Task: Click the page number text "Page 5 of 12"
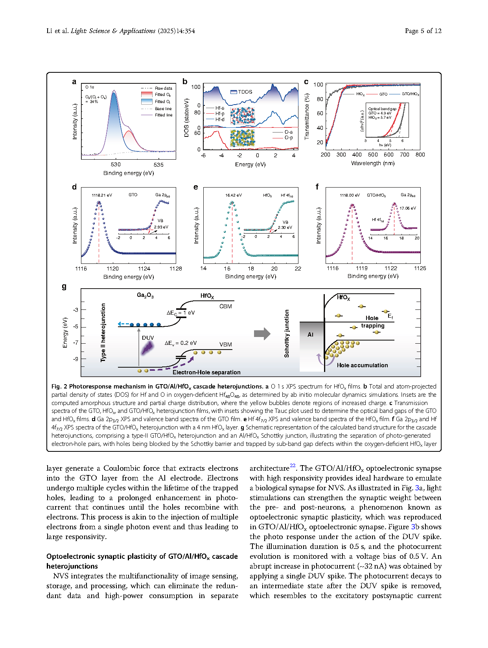[x=423, y=31]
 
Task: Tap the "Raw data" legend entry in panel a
[x=163, y=88]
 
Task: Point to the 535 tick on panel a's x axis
[x=158, y=165]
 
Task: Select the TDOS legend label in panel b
[x=245, y=92]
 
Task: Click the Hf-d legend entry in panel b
[x=219, y=120]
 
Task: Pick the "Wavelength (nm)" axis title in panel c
[x=372, y=163]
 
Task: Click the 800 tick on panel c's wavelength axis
[x=420, y=155]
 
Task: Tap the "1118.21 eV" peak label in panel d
[x=102, y=195]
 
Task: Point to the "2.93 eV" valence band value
[x=161, y=227]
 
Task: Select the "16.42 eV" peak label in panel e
[x=234, y=195]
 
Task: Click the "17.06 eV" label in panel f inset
[x=407, y=208]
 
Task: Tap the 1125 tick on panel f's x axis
[x=420, y=268]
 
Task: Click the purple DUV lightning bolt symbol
[x=148, y=348]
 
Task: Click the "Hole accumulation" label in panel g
[x=362, y=365]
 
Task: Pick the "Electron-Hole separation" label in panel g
[x=206, y=372]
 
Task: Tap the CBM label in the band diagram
[x=225, y=306]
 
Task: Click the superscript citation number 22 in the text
[x=293, y=466]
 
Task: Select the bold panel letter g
[x=64, y=287]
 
